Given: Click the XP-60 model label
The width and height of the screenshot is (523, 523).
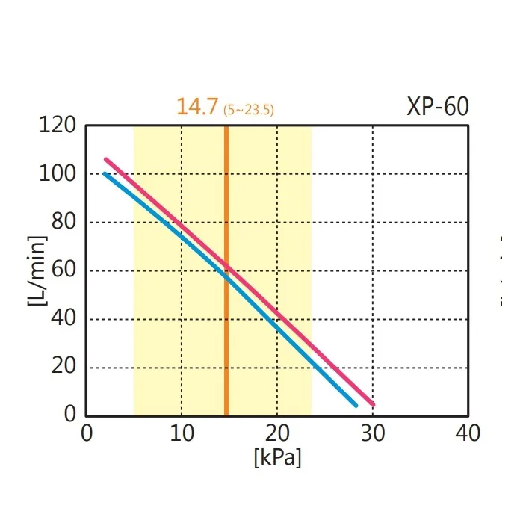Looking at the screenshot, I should [x=438, y=107].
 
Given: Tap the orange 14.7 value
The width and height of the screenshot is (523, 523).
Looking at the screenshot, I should [x=197, y=107].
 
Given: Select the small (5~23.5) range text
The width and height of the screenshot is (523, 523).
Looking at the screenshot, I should [x=249, y=110].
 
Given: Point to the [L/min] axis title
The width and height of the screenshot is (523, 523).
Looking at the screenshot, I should [x=37, y=270].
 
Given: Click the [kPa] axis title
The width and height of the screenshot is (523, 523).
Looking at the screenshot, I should [x=277, y=457].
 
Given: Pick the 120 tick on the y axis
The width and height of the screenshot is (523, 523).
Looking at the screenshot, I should [x=58, y=126].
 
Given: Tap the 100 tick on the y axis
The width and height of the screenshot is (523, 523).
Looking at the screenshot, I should [x=58, y=174].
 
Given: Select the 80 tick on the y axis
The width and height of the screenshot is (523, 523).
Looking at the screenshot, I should [x=63, y=223].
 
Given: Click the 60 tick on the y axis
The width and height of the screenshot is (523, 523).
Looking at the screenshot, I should [x=63, y=270].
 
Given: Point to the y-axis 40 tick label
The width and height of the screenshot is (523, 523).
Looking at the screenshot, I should [x=63, y=319].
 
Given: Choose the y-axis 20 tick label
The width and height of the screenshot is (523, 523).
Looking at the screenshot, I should [x=63, y=368].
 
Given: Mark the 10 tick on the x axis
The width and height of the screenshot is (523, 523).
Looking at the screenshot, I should [x=181, y=433].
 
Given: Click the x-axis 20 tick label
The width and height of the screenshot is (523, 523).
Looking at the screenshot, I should [x=277, y=433].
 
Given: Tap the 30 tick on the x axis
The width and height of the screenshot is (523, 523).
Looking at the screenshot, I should [x=373, y=433].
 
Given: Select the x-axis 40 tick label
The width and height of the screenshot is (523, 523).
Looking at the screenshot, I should [x=468, y=433].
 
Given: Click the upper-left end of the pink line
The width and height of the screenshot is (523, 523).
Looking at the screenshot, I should [x=106, y=159].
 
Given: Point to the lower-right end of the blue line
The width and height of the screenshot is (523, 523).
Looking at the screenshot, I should [x=356, y=405].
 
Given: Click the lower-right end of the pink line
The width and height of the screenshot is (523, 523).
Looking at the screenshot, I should [x=373, y=405].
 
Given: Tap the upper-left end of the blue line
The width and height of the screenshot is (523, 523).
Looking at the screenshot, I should [x=105, y=174].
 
